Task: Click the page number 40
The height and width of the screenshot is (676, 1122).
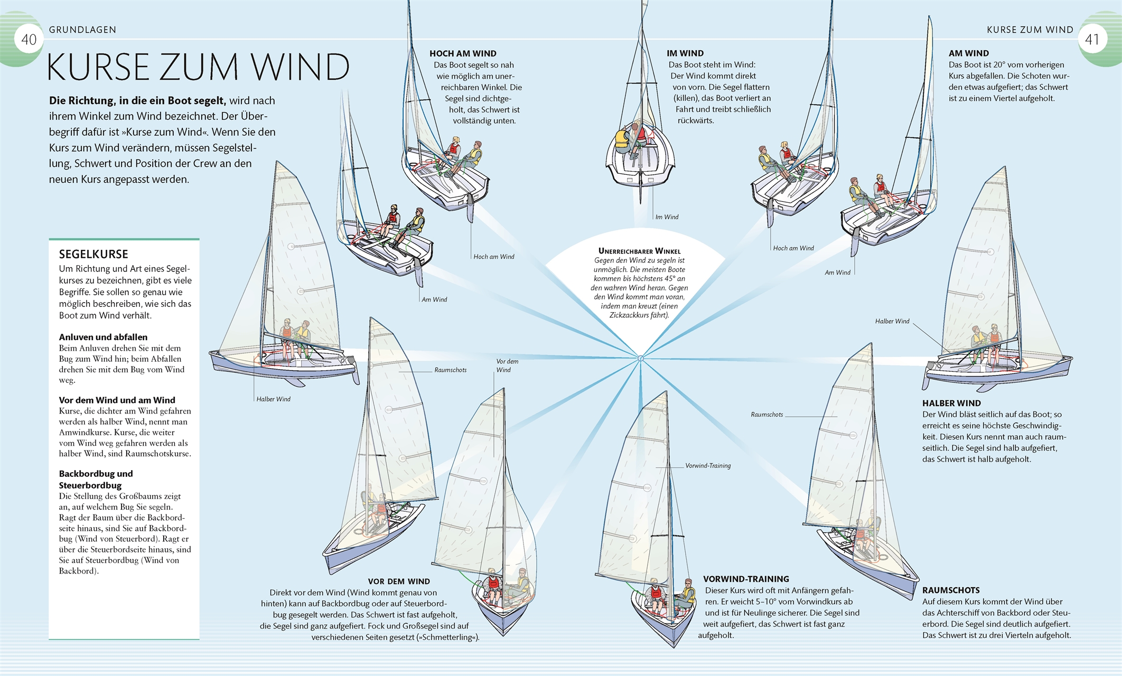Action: pyautogui.click(x=29, y=40)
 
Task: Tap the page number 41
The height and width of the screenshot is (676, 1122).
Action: pyautogui.click(x=1091, y=40)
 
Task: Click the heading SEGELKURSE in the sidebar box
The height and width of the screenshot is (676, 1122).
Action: pyautogui.click(x=93, y=254)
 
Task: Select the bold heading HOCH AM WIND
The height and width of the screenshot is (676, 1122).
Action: pyautogui.click(x=463, y=53)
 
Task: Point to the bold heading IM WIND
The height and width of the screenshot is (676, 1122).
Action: pyautogui.click(x=685, y=53)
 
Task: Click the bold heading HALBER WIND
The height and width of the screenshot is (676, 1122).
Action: pyautogui.click(x=951, y=403)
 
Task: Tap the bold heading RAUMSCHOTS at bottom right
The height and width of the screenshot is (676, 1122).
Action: pyautogui.click(x=951, y=590)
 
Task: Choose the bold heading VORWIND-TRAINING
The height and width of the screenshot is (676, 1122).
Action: pyautogui.click(x=746, y=579)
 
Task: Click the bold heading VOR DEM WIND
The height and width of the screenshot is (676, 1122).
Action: pyautogui.click(x=399, y=581)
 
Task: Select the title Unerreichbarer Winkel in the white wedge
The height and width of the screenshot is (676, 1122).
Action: pyautogui.click(x=639, y=251)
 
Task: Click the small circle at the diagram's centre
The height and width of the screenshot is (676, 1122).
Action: pyautogui.click(x=641, y=359)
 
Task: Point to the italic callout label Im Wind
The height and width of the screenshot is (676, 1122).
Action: pyautogui.click(x=667, y=217)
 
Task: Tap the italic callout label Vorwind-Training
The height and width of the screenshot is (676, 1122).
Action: pyautogui.click(x=708, y=466)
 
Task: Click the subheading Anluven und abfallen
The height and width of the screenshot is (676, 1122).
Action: pyautogui.click(x=103, y=337)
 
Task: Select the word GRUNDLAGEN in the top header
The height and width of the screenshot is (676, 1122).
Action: pyautogui.click(x=82, y=30)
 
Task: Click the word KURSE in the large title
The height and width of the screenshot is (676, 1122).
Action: pyautogui.click(x=98, y=68)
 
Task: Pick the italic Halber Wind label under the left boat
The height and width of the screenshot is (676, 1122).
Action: pyautogui.click(x=273, y=399)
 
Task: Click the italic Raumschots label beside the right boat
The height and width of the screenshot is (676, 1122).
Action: pyautogui.click(x=766, y=415)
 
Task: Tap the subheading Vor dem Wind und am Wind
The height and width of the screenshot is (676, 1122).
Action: pyautogui.click(x=117, y=400)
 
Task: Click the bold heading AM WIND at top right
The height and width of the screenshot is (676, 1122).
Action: pyautogui.click(x=968, y=53)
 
